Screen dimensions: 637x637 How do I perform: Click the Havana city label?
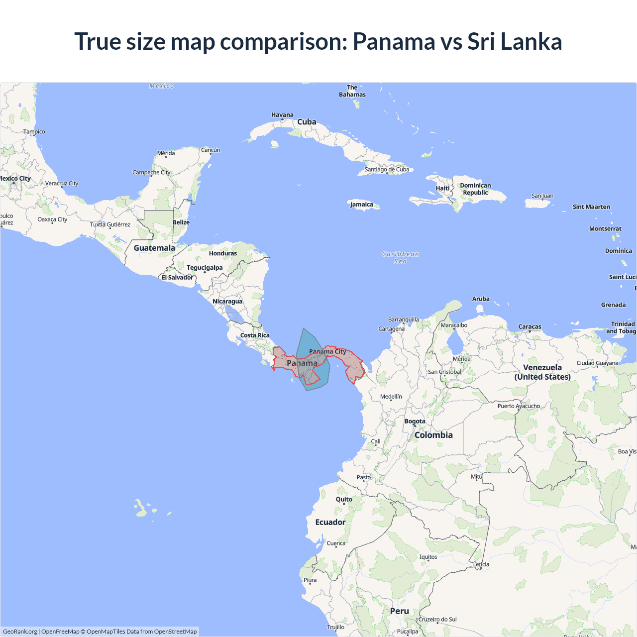tap(282, 115)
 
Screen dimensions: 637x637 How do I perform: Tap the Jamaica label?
tap(362, 205)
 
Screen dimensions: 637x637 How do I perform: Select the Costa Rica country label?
tap(255, 335)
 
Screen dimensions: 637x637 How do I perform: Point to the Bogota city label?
tap(415, 422)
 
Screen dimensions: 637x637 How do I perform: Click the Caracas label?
tap(530, 327)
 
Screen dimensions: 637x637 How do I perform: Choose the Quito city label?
tap(344, 500)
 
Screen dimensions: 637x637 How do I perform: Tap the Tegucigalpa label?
tap(205, 268)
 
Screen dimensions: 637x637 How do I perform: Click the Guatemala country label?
tap(154, 248)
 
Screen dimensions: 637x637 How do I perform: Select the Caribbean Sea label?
tap(400, 258)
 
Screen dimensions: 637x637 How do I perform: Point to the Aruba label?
tap(481, 299)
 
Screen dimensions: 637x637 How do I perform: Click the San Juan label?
tap(542, 196)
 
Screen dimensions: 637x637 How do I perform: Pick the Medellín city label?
tap(391, 397)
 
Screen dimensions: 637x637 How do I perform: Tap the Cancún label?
tap(211, 150)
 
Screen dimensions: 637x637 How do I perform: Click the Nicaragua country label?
tap(227, 302)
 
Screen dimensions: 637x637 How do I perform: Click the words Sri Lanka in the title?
tap(515, 41)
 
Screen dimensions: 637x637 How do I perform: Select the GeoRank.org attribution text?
tap(20, 632)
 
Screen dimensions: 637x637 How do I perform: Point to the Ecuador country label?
tap(330, 522)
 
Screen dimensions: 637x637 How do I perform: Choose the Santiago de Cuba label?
tap(387, 170)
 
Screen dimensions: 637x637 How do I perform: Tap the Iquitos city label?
tap(428, 557)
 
